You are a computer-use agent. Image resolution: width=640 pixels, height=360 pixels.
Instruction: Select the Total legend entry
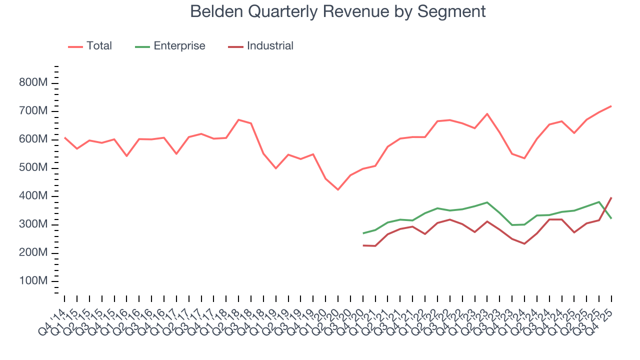(99, 46)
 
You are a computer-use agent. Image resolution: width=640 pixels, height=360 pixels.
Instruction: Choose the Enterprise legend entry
(179, 46)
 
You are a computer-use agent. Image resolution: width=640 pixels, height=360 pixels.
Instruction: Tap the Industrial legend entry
(270, 46)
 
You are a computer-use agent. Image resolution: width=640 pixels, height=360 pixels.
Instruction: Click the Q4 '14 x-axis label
(52, 320)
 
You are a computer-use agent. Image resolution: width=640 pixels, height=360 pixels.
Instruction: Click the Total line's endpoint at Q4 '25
(611, 106)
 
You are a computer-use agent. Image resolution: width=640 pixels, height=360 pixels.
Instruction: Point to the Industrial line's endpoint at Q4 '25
(611, 198)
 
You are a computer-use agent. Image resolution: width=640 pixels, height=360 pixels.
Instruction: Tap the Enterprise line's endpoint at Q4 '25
(611, 218)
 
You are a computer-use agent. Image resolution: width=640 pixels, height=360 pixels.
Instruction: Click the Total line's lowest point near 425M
(338, 189)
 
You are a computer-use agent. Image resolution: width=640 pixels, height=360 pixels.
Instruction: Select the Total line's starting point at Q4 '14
(64, 137)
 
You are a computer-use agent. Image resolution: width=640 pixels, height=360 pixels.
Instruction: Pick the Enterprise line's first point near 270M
(363, 233)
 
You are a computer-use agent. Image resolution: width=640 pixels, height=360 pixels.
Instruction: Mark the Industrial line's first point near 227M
(363, 245)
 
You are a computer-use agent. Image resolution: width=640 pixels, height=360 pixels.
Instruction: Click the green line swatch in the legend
(142, 46)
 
